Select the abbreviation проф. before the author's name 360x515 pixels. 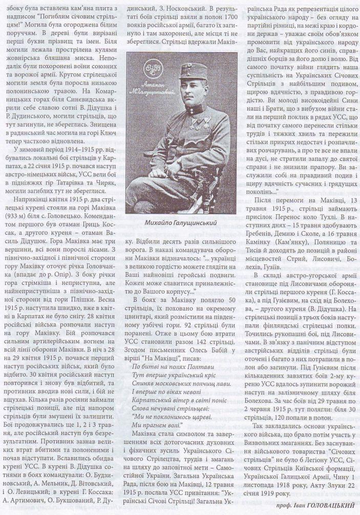[286, 505]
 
